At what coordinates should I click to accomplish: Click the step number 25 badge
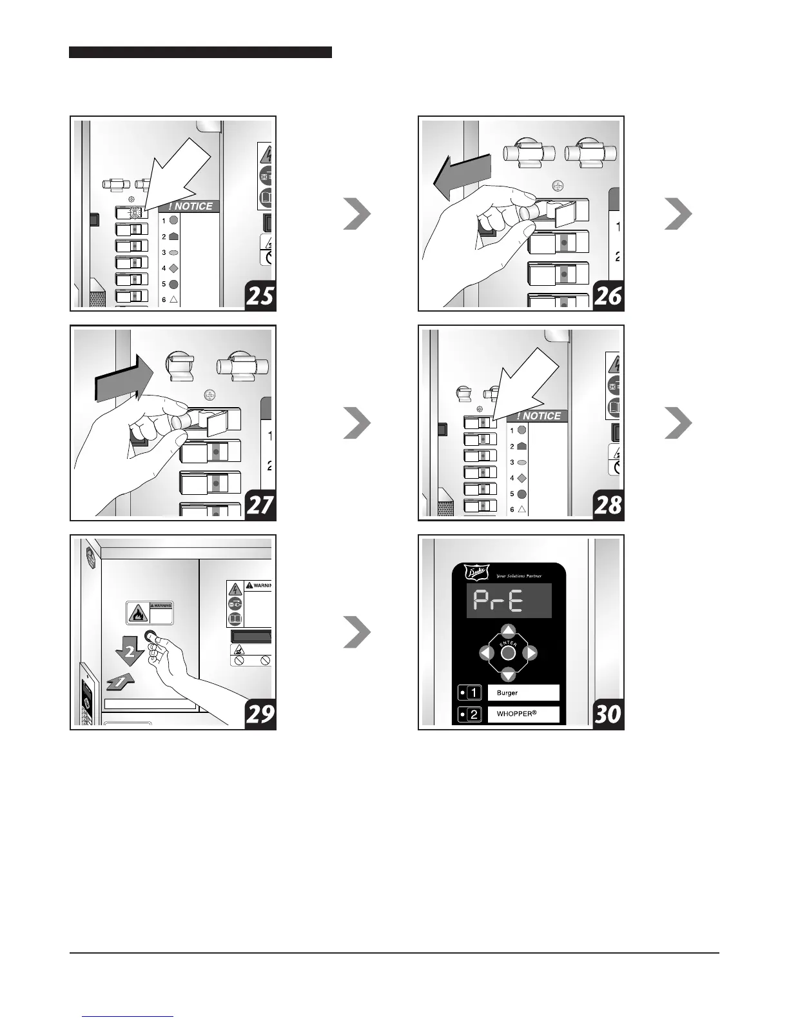pyautogui.click(x=260, y=296)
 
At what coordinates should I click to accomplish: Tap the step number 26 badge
pyautogui.click(x=608, y=296)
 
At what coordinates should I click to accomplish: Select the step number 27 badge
pyautogui.click(x=260, y=505)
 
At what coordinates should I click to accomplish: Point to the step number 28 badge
pyautogui.click(x=608, y=505)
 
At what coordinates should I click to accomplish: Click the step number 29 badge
pyautogui.click(x=260, y=714)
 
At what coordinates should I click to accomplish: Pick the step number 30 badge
pyautogui.click(x=608, y=714)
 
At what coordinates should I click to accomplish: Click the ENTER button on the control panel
pyautogui.click(x=508, y=653)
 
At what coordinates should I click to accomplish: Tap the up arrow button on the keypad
pyautogui.click(x=509, y=631)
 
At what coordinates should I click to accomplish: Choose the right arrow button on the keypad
pyautogui.click(x=530, y=653)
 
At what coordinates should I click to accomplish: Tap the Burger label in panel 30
pyautogui.click(x=507, y=693)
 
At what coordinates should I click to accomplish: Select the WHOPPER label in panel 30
pyautogui.click(x=516, y=715)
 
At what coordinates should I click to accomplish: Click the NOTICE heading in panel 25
pyautogui.click(x=190, y=206)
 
